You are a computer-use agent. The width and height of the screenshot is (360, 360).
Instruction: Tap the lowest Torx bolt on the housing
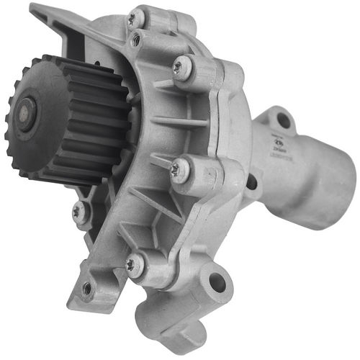(x=131, y=265)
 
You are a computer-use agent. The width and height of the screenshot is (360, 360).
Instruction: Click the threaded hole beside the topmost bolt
(x=136, y=41)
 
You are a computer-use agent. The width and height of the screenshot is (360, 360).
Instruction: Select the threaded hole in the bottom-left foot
(x=87, y=289)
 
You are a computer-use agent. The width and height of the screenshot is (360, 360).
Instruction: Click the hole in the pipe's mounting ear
(x=283, y=120)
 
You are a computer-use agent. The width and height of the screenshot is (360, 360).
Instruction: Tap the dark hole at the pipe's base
(x=251, y=181)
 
